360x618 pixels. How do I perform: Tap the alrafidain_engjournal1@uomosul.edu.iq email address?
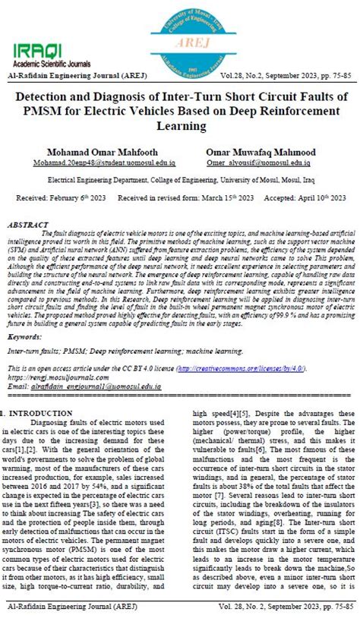click(x=95, y=386)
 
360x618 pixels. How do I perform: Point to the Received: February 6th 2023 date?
click(x=59, y=197)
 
